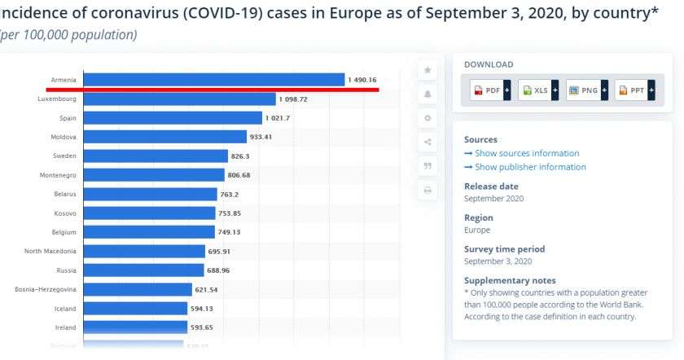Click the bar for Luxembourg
pyautogui.click(x=180, y=99)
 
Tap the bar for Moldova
pyautogui.click(x=165, y=137)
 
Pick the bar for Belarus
pyautogui.click(x=151, y=194)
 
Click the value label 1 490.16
pyautogui.click(x=362, y=80)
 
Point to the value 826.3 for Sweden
pyautogui.click(x=240, y=156)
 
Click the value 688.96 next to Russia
pyautogui.click(x=220, y=270)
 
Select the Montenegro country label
pyautogui.click(x=58, y=175)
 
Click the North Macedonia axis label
pyautogui.click(x=50, y=251)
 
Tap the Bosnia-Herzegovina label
pyautogui.click(x=46, y=289)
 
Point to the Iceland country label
pyautogui.click(x=65, y=309)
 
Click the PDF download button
pyautogui.click(x=490, y=90)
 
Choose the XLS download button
pyautogui.click(x=538, y=90)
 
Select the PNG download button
pyautogui.click(x=586, y=90)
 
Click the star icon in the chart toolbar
pyautogui.click(x=427, y=71)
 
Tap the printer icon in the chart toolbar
pyautogui.click(x=427, y=190)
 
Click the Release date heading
pyautogui.click(x=491, y=186)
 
